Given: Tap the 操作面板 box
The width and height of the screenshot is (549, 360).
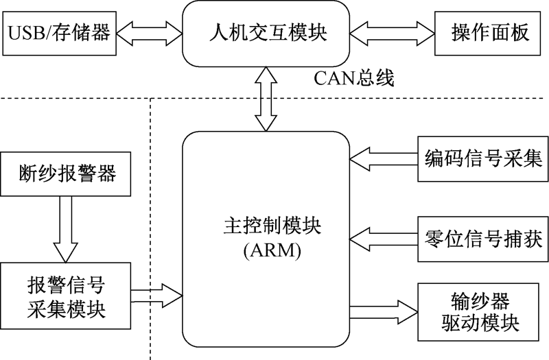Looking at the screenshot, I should pos(491,32).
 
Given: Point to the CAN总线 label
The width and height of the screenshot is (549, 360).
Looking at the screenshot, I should pos(354,77).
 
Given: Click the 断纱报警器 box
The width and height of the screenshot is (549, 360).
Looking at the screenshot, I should pos(66,175).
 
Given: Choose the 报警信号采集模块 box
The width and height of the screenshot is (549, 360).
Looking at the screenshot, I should pos(66,296).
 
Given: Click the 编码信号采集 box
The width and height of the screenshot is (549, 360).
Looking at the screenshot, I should pos(480,159).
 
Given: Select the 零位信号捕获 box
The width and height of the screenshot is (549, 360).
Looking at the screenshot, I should pos(480,238).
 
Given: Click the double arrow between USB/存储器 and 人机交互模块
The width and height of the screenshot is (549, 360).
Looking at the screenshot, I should pos(149,32).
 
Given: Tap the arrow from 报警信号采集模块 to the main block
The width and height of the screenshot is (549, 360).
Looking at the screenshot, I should pos(156,295).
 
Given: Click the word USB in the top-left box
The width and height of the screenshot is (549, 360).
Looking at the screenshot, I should pos(25,32).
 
